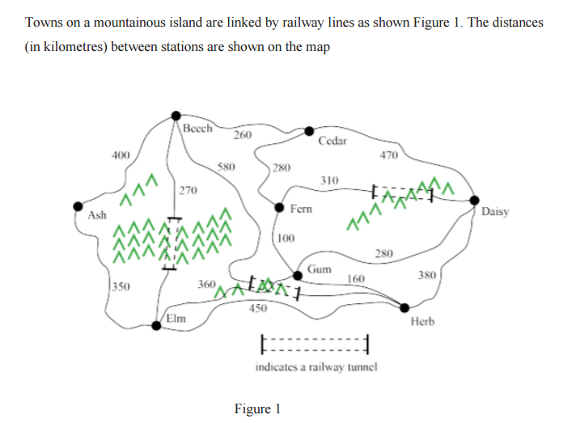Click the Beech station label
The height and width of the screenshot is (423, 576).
click(x=197, y=128)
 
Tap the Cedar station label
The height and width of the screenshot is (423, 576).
click(x=332, y=141)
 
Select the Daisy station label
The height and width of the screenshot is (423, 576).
click(x=494, y=212)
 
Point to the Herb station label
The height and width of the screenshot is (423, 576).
click(x=423, y=321)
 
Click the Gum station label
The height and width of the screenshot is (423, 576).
click(x=317, y=269)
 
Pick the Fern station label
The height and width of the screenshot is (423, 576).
click(x=299, y=209)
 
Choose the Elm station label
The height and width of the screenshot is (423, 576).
click(x=176, y=318)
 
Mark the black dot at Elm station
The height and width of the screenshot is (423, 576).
click(x=157, y=326)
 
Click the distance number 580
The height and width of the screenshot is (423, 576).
click(x=227, y=167)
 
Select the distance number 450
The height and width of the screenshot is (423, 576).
click(x=258, y=308)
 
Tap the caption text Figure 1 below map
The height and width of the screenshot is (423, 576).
click(x=256, y=408)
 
